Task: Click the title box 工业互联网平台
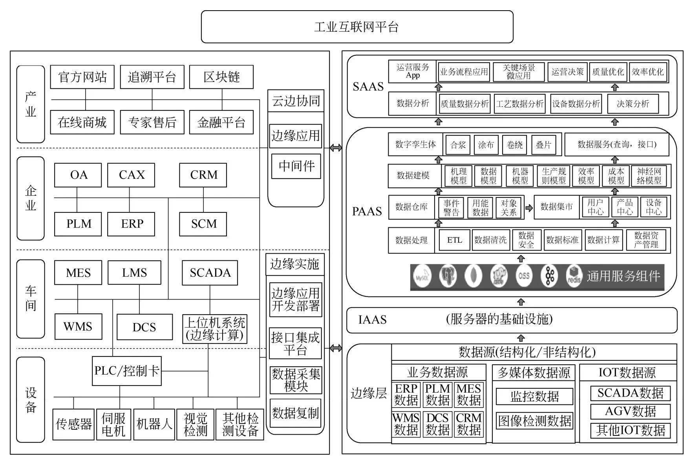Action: (x=356, y=27)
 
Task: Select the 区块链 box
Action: (x=221, y=77)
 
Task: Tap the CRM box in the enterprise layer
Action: (x=203, y=175)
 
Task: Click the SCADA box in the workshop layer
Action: (x=210, y=273)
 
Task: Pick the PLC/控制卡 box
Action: (x=126, y=371)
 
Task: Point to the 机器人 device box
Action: (x=154, y=424)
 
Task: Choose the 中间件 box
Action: (x=296, y=166)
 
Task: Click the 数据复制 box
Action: (x=295, y=413)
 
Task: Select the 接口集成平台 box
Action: (x=295, y=343)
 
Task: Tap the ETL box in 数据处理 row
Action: (x=454, y=240)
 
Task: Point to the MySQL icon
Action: (x=422, y=276)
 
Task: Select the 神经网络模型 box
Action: (x=649, y=176)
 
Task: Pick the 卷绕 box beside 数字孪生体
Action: (x=514, y=145)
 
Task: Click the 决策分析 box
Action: (x=633, y=104)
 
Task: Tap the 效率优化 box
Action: (x=647, y=72)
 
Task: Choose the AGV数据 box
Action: (x=631, y=411)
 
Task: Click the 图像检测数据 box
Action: (x=534, y=421)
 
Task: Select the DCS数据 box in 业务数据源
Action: (x=437, y=424)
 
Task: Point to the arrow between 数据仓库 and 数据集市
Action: (x=529, y=208)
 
